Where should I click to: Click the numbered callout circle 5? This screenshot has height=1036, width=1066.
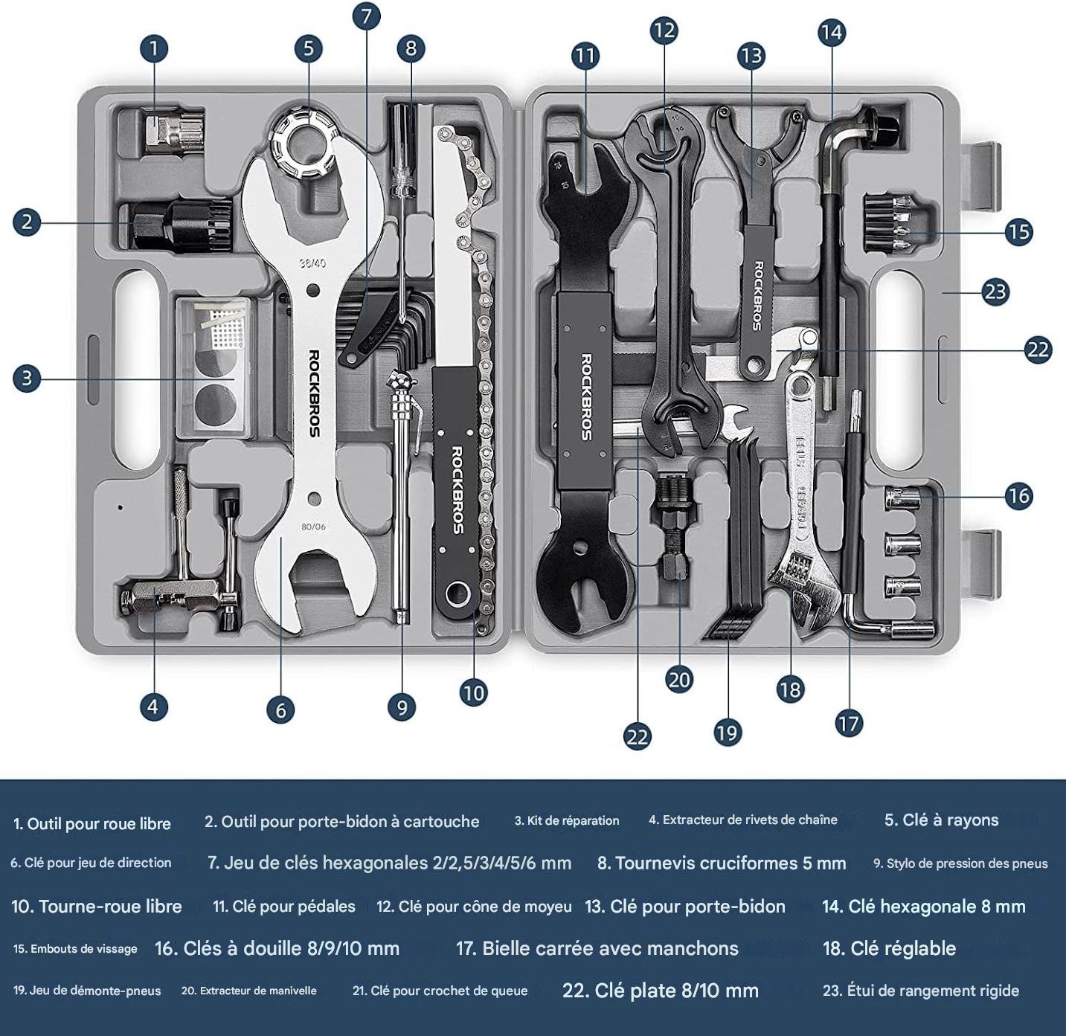click(x=309, y=48)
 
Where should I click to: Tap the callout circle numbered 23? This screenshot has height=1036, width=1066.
click(x=995, y=292)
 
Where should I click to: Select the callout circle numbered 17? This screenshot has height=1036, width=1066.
click(x=849, y=724)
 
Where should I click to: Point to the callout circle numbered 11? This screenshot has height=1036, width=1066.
click(x=585, y=56)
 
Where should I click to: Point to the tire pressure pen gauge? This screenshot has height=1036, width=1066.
click(x=402, y=493)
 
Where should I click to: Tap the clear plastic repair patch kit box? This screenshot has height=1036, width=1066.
click(x=216, y=368)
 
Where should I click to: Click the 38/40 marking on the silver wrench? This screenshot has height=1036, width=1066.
click(x=312, y=263)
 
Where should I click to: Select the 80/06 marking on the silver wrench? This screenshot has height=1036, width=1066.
click(x=313, y=527)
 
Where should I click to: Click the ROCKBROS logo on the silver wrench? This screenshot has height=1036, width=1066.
click(x=314, y=393)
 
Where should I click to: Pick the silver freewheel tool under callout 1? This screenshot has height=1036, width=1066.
click(x=174, y=130)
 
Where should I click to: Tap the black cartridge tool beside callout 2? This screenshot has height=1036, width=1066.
click(x=182, y=225)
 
